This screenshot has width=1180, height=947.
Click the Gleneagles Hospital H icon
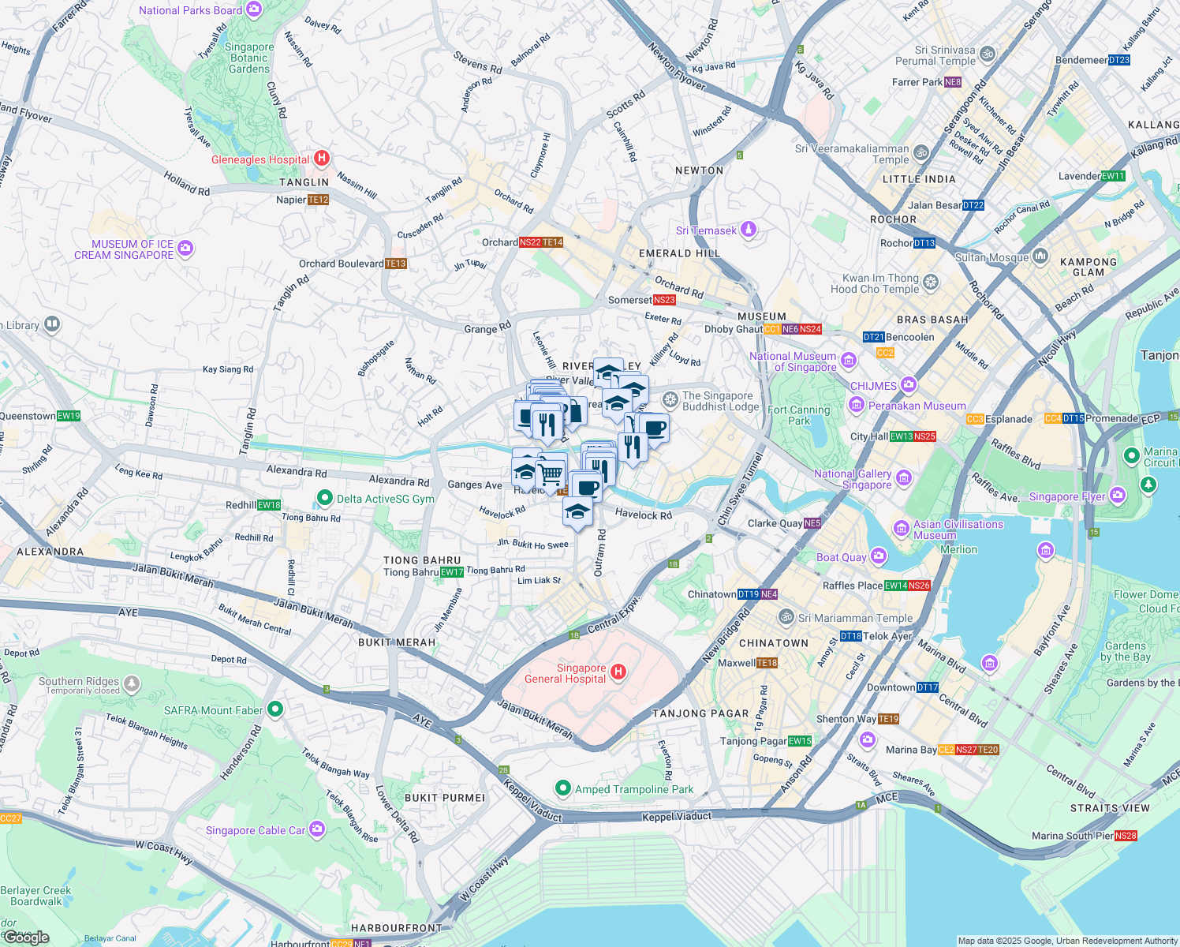321,159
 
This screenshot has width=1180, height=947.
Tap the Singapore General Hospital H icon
618,672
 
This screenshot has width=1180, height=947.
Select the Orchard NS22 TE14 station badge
541,242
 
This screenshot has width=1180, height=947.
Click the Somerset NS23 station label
642,300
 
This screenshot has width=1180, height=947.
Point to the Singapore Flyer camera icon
1117,496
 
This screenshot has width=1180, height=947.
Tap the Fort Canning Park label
798,415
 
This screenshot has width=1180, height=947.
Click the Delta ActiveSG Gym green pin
324,498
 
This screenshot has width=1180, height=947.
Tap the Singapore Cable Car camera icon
317,829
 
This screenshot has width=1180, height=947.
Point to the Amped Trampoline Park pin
562,788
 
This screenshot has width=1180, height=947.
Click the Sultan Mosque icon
1040,256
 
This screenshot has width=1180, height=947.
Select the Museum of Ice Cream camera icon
185,249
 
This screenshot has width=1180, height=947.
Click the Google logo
27,937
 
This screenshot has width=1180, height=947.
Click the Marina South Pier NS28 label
1084,836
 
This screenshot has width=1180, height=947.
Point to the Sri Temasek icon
749,230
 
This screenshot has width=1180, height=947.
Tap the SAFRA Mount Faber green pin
274,709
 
